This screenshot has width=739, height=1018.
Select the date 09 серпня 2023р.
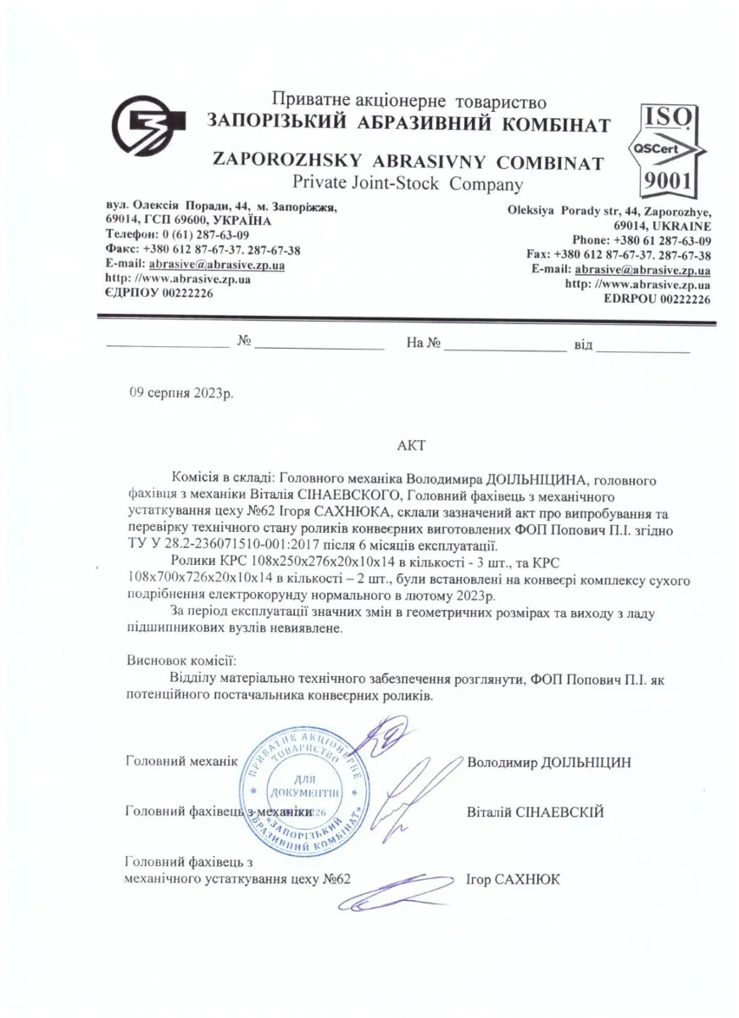[181, 394]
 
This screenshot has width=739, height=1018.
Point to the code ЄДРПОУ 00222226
[159, 293]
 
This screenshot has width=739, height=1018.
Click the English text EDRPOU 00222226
[658, 299]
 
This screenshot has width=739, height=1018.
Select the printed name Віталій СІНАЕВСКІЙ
[535, 812]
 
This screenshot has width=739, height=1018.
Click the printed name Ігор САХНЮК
[513, 879]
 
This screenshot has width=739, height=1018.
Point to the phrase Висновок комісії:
[181, 659]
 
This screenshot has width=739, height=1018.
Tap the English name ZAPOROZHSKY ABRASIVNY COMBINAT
[408, 162]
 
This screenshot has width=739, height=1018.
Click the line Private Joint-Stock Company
[407, 183]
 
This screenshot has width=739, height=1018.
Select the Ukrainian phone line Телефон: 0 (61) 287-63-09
[178, 235]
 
